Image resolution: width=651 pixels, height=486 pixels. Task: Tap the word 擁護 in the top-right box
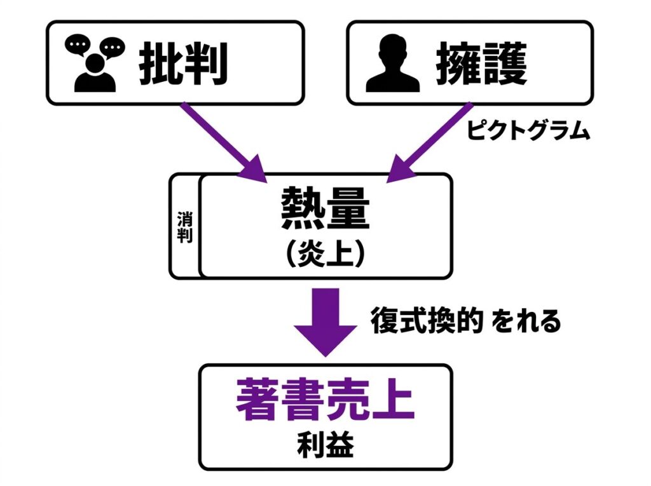(483, 64)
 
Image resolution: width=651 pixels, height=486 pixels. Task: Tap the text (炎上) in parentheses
(325, 252)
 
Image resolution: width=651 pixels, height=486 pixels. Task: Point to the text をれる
(529, 322)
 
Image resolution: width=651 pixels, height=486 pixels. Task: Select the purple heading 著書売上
(325, 399)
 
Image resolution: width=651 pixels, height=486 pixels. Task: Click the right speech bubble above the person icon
(112, 47)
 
